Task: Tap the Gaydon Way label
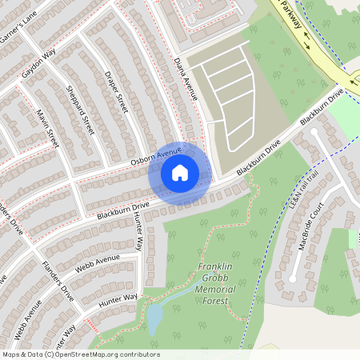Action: [38, 62]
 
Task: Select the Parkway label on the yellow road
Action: [293, 15]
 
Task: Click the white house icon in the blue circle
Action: [180, 172]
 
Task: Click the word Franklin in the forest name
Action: [216, 267]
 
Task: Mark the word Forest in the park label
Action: [215, 301]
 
